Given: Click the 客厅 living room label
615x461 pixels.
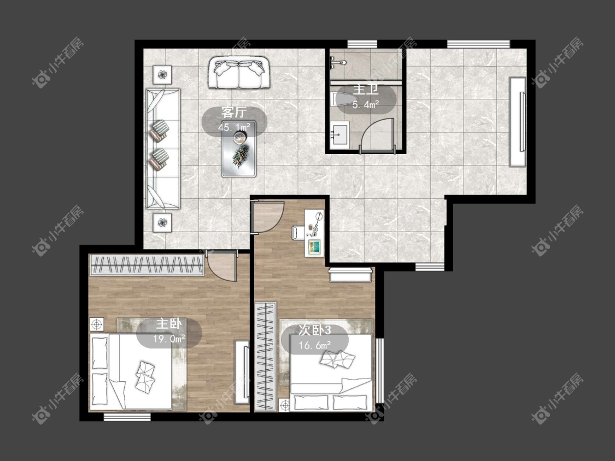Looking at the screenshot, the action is pos(234,113).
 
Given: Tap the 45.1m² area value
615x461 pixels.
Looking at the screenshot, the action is pos(234,127).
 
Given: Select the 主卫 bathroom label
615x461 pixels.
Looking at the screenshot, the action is pos(366,90).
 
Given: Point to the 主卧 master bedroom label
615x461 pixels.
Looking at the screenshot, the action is pos(169,324).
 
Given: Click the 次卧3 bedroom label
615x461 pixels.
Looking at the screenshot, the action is pos(315,330).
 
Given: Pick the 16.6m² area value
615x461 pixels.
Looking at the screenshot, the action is pos(315,345).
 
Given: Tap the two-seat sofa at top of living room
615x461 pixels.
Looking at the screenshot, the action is pos(238,73).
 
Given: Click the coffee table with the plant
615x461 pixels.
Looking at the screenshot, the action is pos(239,149).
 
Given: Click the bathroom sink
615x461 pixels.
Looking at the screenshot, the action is pos(339,134).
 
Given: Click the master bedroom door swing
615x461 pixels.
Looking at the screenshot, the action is pos(222,266).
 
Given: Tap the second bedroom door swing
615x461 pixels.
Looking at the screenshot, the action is pos(268,217).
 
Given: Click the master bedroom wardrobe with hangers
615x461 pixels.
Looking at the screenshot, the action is pos(147,265).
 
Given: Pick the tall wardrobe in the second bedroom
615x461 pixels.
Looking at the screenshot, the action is pos(266,356).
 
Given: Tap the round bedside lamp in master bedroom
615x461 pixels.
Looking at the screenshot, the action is pos(97,324).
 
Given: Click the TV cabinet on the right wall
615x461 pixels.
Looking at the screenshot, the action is pos(517,122).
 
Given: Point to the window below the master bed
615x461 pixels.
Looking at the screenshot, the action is pos(127,417).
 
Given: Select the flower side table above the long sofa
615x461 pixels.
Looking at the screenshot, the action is pos(162,74).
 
